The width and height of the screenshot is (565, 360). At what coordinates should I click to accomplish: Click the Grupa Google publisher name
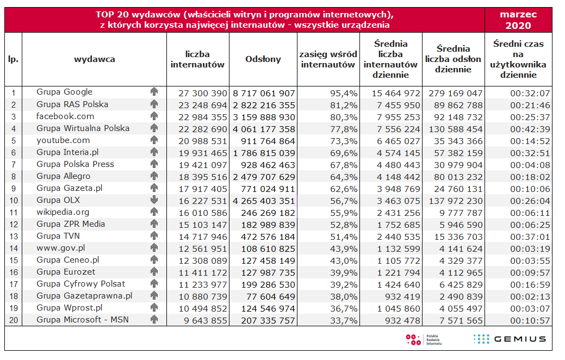(x=64, y=92)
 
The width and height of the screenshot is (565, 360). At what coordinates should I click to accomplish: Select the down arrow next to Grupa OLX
(x=154, y=200)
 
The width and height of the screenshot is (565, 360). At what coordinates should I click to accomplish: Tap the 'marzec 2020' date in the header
(x=518, y=20)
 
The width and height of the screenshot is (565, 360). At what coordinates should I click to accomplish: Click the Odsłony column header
(x=263, y=59)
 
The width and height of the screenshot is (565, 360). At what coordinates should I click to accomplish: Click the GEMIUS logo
(x=510, y=339)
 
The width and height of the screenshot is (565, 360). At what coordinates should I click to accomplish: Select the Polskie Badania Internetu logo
(x=424, y=340)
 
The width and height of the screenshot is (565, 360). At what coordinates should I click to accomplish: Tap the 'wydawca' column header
(x=94, y=59)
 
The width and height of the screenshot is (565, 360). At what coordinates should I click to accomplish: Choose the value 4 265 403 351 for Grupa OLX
(x=263, y=200)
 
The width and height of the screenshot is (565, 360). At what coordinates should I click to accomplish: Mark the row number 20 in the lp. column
(x=13, y=320)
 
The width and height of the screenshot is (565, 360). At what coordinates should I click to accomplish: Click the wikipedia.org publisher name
(x=63, y=212)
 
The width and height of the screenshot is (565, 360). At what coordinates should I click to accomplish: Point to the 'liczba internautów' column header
(x=197, y=59)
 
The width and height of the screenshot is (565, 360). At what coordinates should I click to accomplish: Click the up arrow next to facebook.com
(x=154, y=116)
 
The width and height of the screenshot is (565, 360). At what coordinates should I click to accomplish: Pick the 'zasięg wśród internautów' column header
(x=328, y=59)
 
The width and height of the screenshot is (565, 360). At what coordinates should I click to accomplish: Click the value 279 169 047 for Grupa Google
(x=451, y=92)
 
